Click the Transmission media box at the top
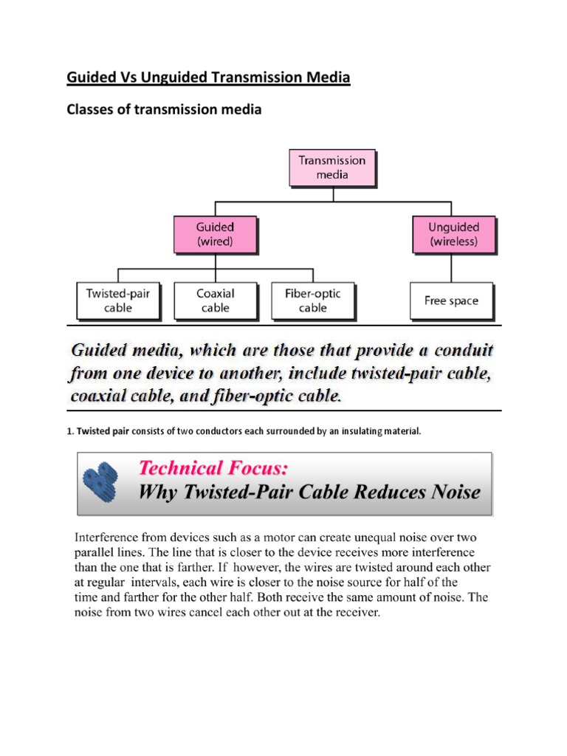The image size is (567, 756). pos(331,168)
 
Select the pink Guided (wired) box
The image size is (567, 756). pos(215,234)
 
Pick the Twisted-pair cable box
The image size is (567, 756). pos(118,300)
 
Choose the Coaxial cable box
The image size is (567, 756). pos(215,300)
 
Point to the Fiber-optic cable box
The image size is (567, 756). pos(312,300)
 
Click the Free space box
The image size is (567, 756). pos(451,300)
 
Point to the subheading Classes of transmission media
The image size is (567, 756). pos(165,110)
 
